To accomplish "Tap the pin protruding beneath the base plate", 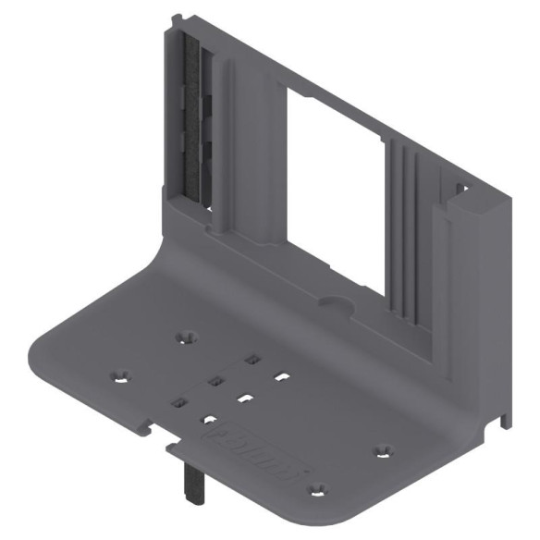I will [194, 480].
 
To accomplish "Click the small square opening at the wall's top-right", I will [460, 190].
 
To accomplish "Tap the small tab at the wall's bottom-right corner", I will [505, 421].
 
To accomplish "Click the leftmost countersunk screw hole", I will [120, 377].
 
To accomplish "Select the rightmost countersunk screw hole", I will [382, 451].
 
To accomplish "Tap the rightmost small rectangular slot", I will [282, 377].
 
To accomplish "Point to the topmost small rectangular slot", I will [251, 359].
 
